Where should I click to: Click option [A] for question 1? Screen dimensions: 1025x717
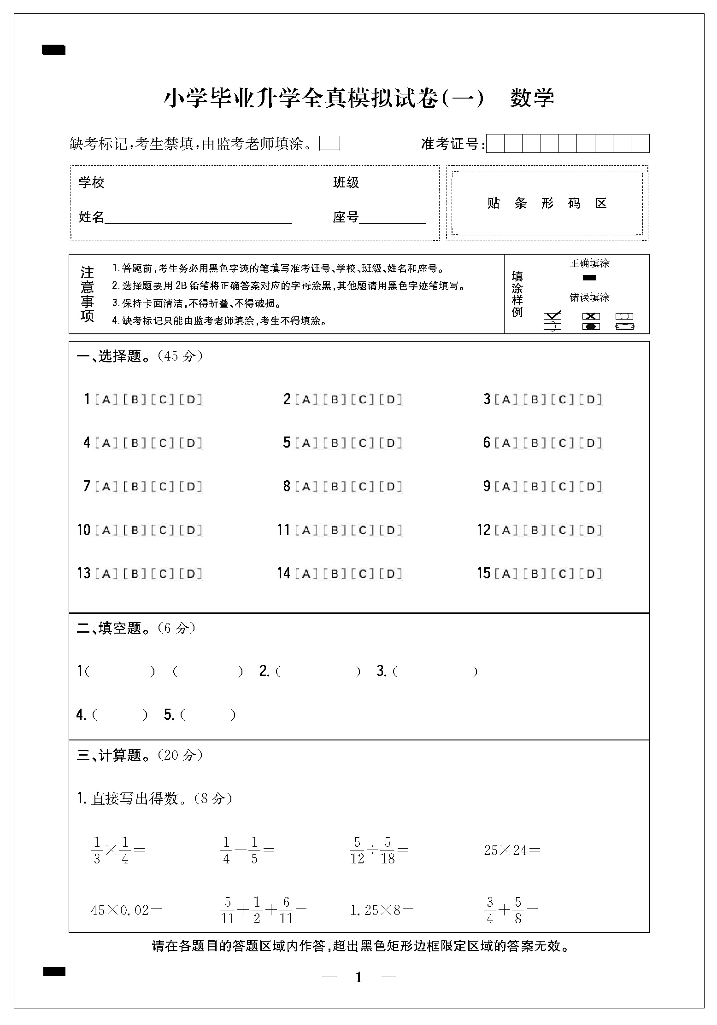coord(106,400)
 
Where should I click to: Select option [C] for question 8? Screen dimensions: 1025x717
coord(363,487)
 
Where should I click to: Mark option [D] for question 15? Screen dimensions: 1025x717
coord(591,574)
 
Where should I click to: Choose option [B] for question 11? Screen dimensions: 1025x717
coord(335,530)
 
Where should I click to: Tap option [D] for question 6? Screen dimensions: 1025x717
coord(591,443)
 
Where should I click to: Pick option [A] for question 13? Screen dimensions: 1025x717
coord(106,574)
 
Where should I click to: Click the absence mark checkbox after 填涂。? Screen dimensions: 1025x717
coord(329,144)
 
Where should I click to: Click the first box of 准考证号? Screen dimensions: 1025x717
coord(495,144)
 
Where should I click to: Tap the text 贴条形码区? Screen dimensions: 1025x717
coord(547,203)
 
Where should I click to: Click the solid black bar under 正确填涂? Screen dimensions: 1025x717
coord(589,278)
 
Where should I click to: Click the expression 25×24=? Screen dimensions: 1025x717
coord(512,850)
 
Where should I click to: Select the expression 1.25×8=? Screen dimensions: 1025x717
coord(382,910)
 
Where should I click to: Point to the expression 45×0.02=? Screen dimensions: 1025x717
coord(126,910)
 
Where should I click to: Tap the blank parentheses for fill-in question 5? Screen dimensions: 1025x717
coord(208,715)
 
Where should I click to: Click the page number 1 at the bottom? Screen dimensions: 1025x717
coord(359,978)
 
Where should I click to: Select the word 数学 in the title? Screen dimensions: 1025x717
coord(532,98)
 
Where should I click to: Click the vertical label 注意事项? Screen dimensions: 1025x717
coord(87,294)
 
